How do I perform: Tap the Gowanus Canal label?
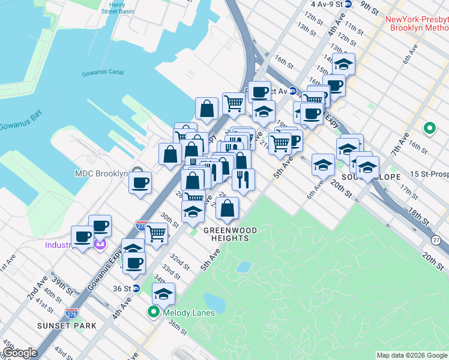(x=103, y=73)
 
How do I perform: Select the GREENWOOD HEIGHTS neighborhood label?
(x=230, y=234)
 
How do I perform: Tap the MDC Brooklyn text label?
(x=101, y=174)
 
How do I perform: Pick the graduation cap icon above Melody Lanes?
(x=163, y=294)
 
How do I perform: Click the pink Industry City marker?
(x=100, y=245)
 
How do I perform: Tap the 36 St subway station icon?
(x=136, y=288)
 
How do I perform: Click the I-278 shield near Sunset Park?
(x=70, y=313)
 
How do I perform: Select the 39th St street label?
(x=58, y=282)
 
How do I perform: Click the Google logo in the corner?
(x=20, y=353)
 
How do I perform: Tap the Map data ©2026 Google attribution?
(x=412, y=355)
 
